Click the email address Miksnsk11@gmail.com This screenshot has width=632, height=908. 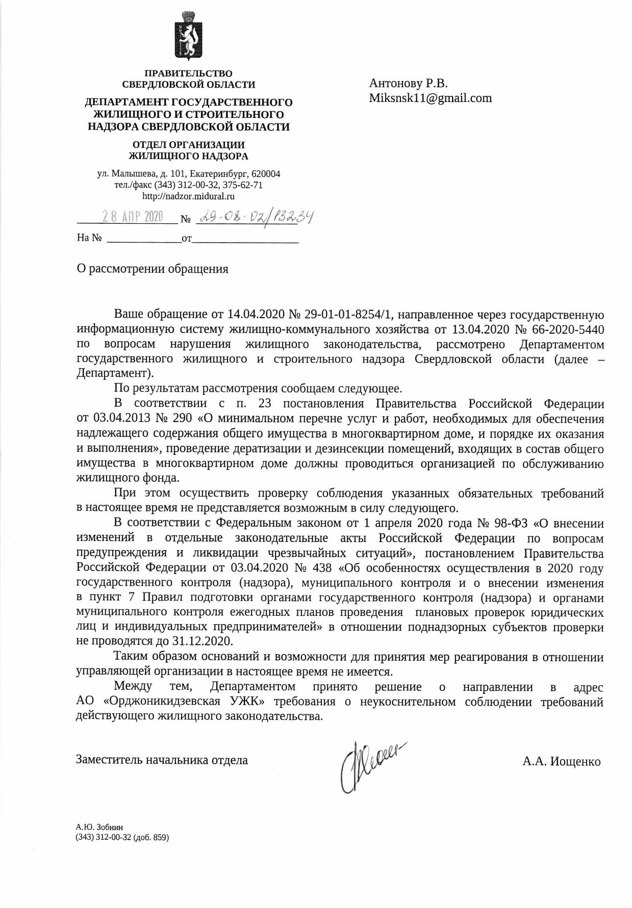coord(431,98)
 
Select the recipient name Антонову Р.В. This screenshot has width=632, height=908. coord(408,83)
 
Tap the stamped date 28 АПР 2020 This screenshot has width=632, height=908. coord(132,217)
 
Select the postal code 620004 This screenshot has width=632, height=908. coord(266,174)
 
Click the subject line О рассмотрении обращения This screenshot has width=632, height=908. coord(152,269)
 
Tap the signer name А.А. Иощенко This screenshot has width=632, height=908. coord(561,761)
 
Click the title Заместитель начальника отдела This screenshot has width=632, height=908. coord(162,760)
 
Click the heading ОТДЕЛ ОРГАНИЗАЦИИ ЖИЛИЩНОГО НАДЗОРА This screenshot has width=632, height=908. coord(188,150)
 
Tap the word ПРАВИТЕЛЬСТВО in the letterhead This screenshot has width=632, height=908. coord(188,74)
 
